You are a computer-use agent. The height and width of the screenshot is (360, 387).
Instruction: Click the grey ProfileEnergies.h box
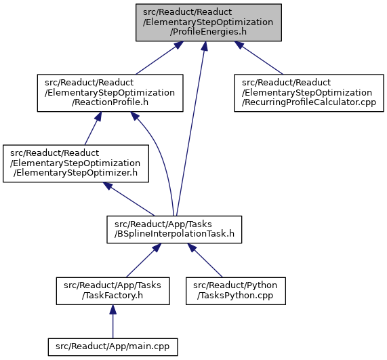click(x=209, y=22)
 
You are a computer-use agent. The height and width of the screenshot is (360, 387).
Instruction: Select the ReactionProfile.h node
click(x=110, y=93)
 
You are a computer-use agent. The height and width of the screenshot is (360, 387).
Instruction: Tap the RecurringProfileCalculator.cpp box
click(x=309, y=93)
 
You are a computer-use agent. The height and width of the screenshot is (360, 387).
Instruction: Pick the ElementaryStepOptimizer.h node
click(x=76, y=163)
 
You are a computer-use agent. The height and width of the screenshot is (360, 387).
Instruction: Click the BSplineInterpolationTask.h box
click(x=174, y=229)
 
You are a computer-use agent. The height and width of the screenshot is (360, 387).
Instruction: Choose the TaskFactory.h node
click(x=113, y=291)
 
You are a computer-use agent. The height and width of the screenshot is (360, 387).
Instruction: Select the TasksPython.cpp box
click(x=236, y=291)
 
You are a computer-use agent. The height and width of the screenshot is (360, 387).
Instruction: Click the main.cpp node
click(x=113, y=347)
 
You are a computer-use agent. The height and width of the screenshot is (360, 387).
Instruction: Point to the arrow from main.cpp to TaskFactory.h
click(x=113, y=321)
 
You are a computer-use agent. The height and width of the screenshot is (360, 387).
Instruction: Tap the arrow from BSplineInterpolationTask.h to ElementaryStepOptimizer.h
click(x=129, y=199)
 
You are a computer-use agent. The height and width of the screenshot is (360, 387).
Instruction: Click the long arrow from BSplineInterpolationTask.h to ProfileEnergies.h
click(x=190, y=129)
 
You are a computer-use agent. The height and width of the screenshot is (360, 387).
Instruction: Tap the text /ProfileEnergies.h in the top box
click(x=208, y=32)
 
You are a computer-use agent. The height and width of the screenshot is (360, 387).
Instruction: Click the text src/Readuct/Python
click(x=235, y=285)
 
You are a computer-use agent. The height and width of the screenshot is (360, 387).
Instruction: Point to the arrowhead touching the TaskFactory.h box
click(x=113, y=309)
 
